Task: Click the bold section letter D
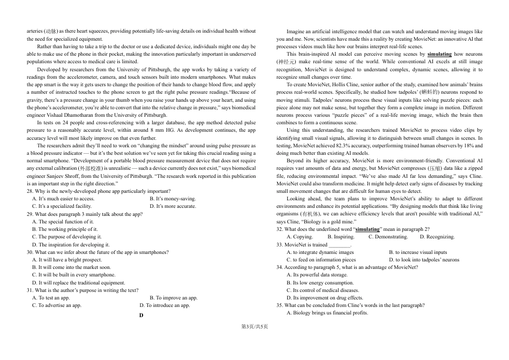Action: coord(141,316)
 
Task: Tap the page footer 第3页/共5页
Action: coord(254,327)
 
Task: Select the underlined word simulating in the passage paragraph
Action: coord(439,54)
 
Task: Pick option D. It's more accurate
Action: coord(173,206)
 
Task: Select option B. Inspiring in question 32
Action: coord(341,237)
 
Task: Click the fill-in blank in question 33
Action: coord(339,245)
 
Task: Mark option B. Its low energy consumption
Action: coord(320,283)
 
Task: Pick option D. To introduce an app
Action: coord(164,305)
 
